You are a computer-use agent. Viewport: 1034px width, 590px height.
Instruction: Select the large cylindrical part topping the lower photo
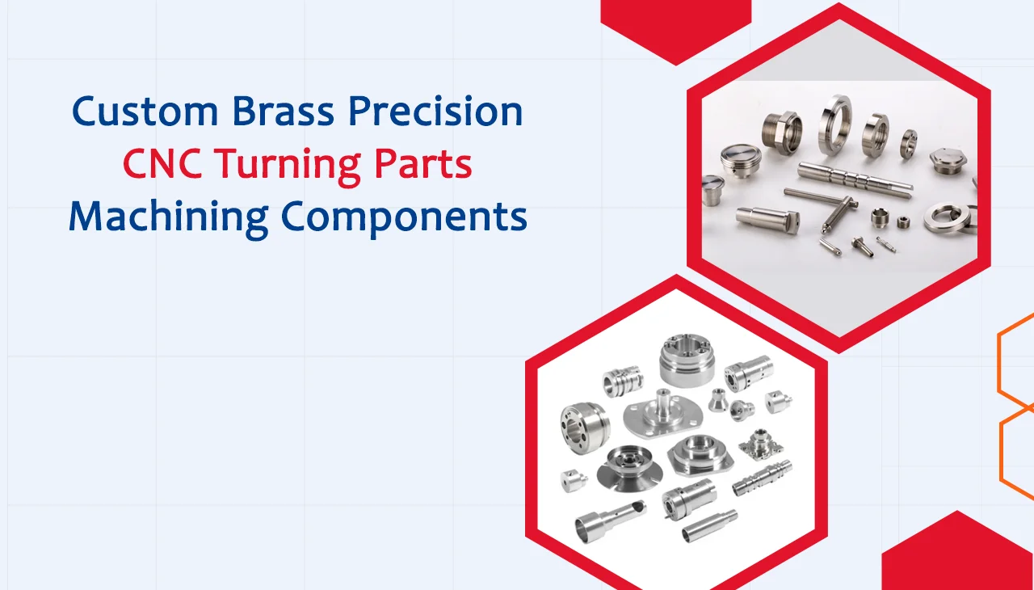click(x=686, y=361)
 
